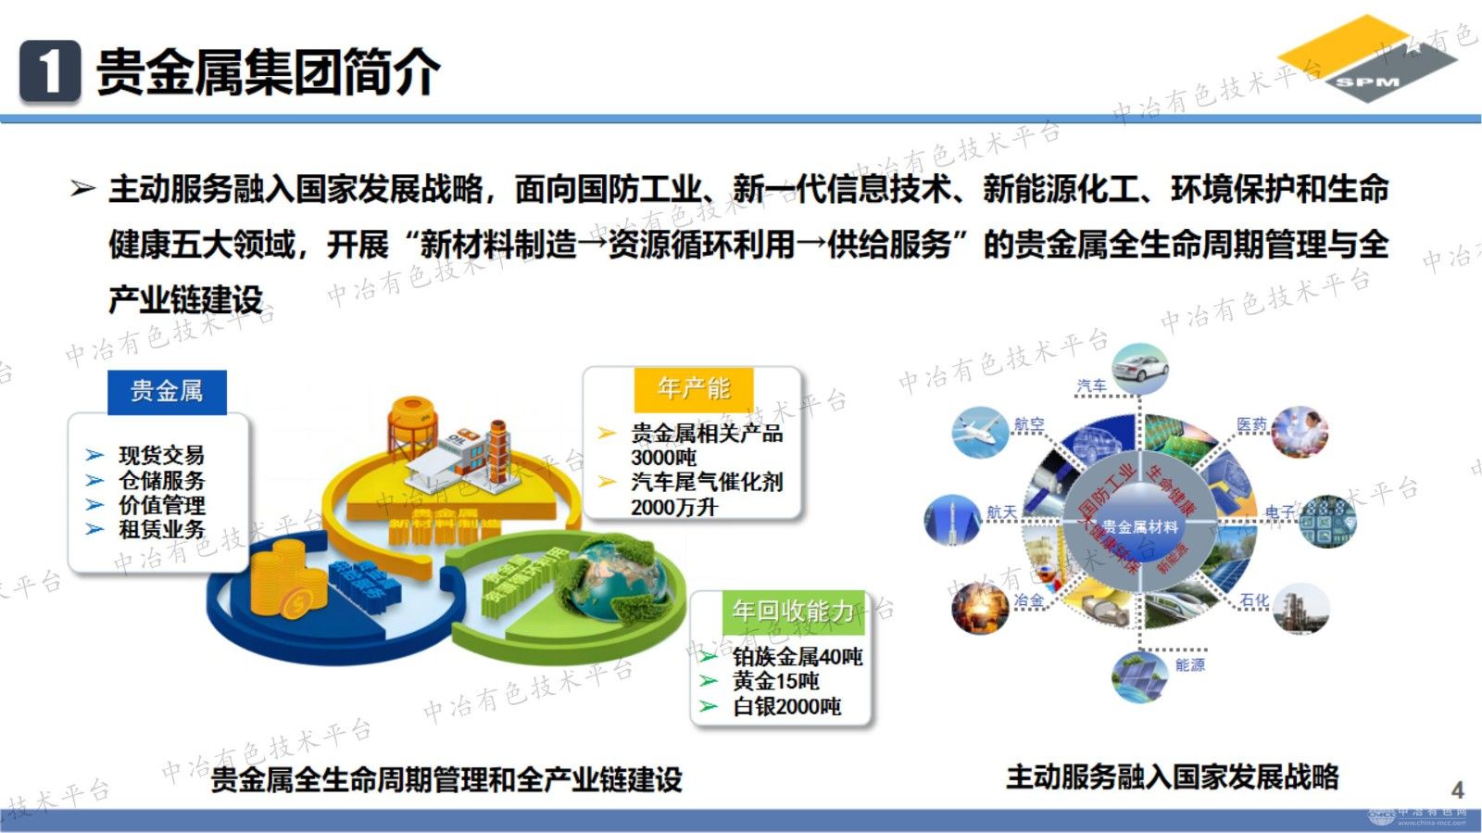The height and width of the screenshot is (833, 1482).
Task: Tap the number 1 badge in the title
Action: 50,70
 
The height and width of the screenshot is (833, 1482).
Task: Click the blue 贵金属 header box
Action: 167,391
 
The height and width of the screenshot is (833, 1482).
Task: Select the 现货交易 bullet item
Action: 161,455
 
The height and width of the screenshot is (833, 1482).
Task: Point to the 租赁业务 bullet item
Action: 161,530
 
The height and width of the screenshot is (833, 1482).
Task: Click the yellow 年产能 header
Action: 694,388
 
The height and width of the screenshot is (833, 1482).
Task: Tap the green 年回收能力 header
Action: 793,611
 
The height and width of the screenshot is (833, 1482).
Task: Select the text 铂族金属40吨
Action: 798,657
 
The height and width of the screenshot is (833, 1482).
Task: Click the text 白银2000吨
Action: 786,707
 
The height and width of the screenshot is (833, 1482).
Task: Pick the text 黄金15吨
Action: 775,682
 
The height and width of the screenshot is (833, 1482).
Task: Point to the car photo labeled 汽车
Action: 1139,368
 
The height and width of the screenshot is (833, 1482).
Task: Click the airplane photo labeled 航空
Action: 979,432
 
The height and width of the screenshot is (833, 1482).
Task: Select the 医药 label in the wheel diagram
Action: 1251,424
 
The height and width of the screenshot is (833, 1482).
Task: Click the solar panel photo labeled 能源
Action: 1139,676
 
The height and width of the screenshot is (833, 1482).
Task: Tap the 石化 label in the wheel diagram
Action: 1254,600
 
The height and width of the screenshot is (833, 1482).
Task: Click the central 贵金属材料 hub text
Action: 1139,526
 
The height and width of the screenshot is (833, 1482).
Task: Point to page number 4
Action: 1457,789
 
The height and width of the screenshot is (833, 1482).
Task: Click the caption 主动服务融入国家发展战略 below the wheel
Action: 1172,776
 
